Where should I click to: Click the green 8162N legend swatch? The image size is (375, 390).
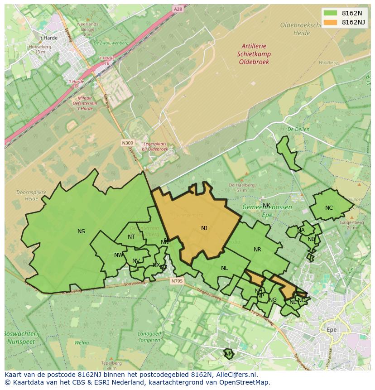[x=331, y=13]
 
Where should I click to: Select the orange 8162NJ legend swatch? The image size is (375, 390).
[x=331, y=22]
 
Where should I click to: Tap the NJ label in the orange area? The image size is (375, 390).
[x=204, y=228]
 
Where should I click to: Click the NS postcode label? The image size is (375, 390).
[x=81, y=231]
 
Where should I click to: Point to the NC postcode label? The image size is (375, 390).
[x=329, y=208]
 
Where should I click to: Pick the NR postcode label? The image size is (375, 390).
[x=257, y=250]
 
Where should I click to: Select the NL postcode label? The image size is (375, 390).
[x=224, y=268]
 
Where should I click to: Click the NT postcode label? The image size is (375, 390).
[x=131, y=237]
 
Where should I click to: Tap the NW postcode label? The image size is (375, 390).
[x=119, y=255]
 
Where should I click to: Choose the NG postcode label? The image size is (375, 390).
[x=273, y=300]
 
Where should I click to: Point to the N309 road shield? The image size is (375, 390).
[x=127, y=143]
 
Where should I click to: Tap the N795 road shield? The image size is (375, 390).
[x=177, y=281]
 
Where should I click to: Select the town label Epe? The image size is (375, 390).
[x=332, y=330]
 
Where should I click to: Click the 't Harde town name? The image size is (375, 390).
[x=48, y=38]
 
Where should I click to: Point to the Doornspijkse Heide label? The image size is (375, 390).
[x=31, y=195]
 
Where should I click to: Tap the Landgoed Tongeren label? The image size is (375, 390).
[x=149, y=337]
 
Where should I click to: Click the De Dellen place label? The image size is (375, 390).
[x=298, y=129]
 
